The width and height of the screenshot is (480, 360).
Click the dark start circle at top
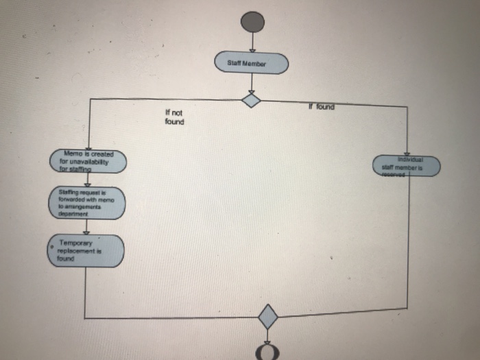[x=252, y=22]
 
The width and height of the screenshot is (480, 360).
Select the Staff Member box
[x=252, y=63]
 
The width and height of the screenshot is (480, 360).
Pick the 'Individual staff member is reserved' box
[x=407, y=166]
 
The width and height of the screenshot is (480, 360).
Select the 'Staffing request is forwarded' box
[x=87, y=203]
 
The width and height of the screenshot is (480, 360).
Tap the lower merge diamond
[x=267, y=317]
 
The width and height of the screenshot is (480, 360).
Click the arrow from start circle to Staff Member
[x=252, y=42]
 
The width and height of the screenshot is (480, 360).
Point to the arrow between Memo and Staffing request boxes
[x=88, y=180]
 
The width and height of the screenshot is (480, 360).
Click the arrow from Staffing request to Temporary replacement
[x=86, y=227]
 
